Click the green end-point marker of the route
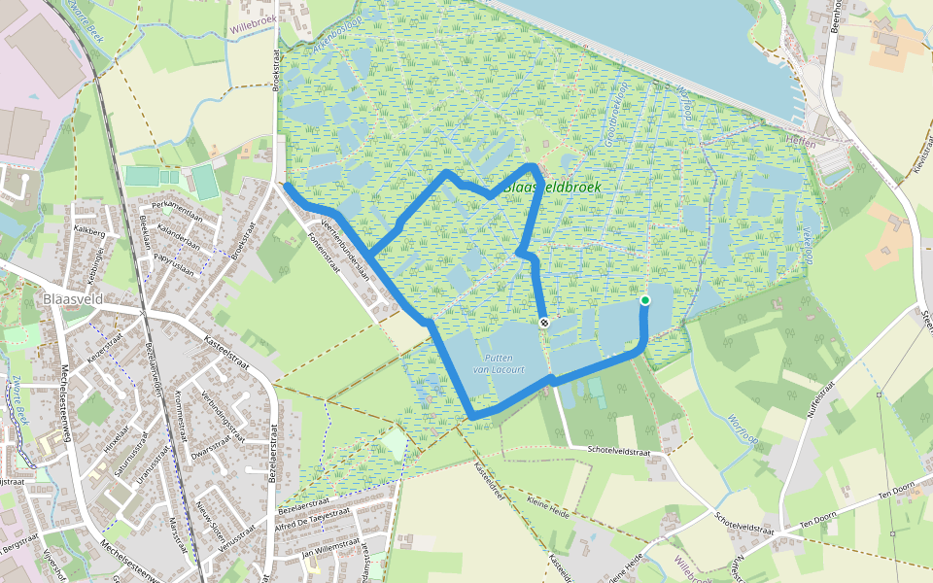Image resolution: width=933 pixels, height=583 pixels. (x=644, y=300)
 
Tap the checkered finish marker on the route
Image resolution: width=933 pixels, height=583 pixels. (x=545, y=324)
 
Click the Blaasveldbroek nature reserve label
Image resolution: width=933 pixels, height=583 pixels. (x=552, y=187)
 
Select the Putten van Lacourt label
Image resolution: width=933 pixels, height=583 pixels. (x=499, y=363)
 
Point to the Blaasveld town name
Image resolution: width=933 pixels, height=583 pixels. (x=74, y=300)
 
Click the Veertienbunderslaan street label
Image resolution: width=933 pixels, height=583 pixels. (x=345, y=251)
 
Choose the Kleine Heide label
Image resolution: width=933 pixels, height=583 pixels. (x=546, y=505)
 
